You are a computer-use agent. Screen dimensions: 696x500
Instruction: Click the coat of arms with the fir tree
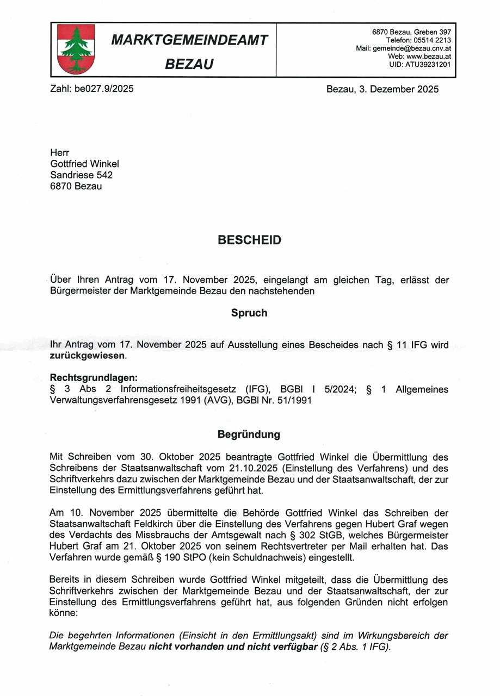pyautogui.click(x=76, y=49)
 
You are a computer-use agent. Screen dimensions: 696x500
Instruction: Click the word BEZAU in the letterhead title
pyautogui.click(x=189, y=65)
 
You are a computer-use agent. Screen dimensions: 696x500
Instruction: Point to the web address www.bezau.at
pyautogui.click(x=428, y=56)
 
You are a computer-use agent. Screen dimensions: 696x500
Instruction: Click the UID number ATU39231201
pyautogui.click(x=427, y=64)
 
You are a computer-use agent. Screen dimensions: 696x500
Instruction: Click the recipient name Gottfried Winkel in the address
pyautogui.click(x=84, y=164)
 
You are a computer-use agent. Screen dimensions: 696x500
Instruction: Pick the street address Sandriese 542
pyautogui.click(x=81, y=175)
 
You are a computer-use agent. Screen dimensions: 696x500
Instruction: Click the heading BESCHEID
pyautogui.click(x=250, y=240)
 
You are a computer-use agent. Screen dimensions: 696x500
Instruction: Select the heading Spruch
pyautogui.click(x=249, y=313)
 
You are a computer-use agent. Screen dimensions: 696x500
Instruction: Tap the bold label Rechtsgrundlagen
pyautogui.click(x=94, y=377)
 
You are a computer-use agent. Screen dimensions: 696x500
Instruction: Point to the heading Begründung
pyautogui.click(x=249, y=434)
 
